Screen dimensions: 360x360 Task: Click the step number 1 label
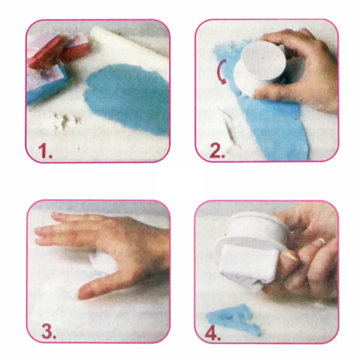pyautogui.click(x=45, y=150)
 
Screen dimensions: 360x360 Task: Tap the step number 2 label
pyautogui.click(x=217, y=150)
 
